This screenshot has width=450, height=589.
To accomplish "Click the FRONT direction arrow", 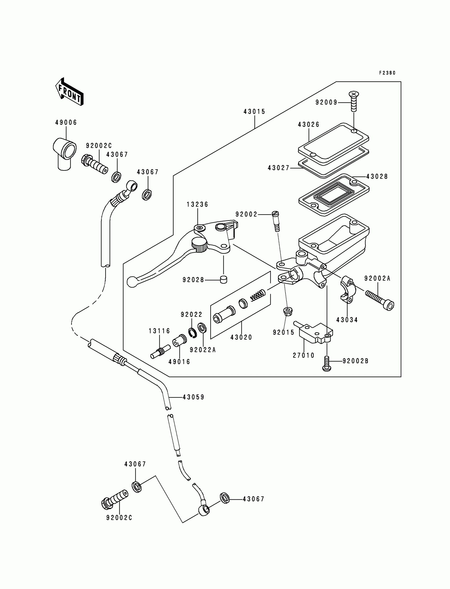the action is (69, 92).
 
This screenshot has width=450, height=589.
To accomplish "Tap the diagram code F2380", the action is (387, 73).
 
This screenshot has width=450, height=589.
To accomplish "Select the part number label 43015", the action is (254, 112).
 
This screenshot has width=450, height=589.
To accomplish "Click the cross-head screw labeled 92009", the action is (354, 101).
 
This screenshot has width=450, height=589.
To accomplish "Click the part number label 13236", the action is (198, 204).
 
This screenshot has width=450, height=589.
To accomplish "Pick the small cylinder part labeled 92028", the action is (223, 279).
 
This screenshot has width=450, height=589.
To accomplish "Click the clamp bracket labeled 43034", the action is (347, 290).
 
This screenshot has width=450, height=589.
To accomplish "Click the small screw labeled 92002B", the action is (327, 363).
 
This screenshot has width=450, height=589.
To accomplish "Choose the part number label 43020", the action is (241, 337).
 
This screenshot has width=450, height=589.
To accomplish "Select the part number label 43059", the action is (193, 397).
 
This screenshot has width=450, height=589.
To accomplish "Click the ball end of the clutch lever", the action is (132, 282).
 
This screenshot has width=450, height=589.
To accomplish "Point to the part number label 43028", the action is (377, 176).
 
